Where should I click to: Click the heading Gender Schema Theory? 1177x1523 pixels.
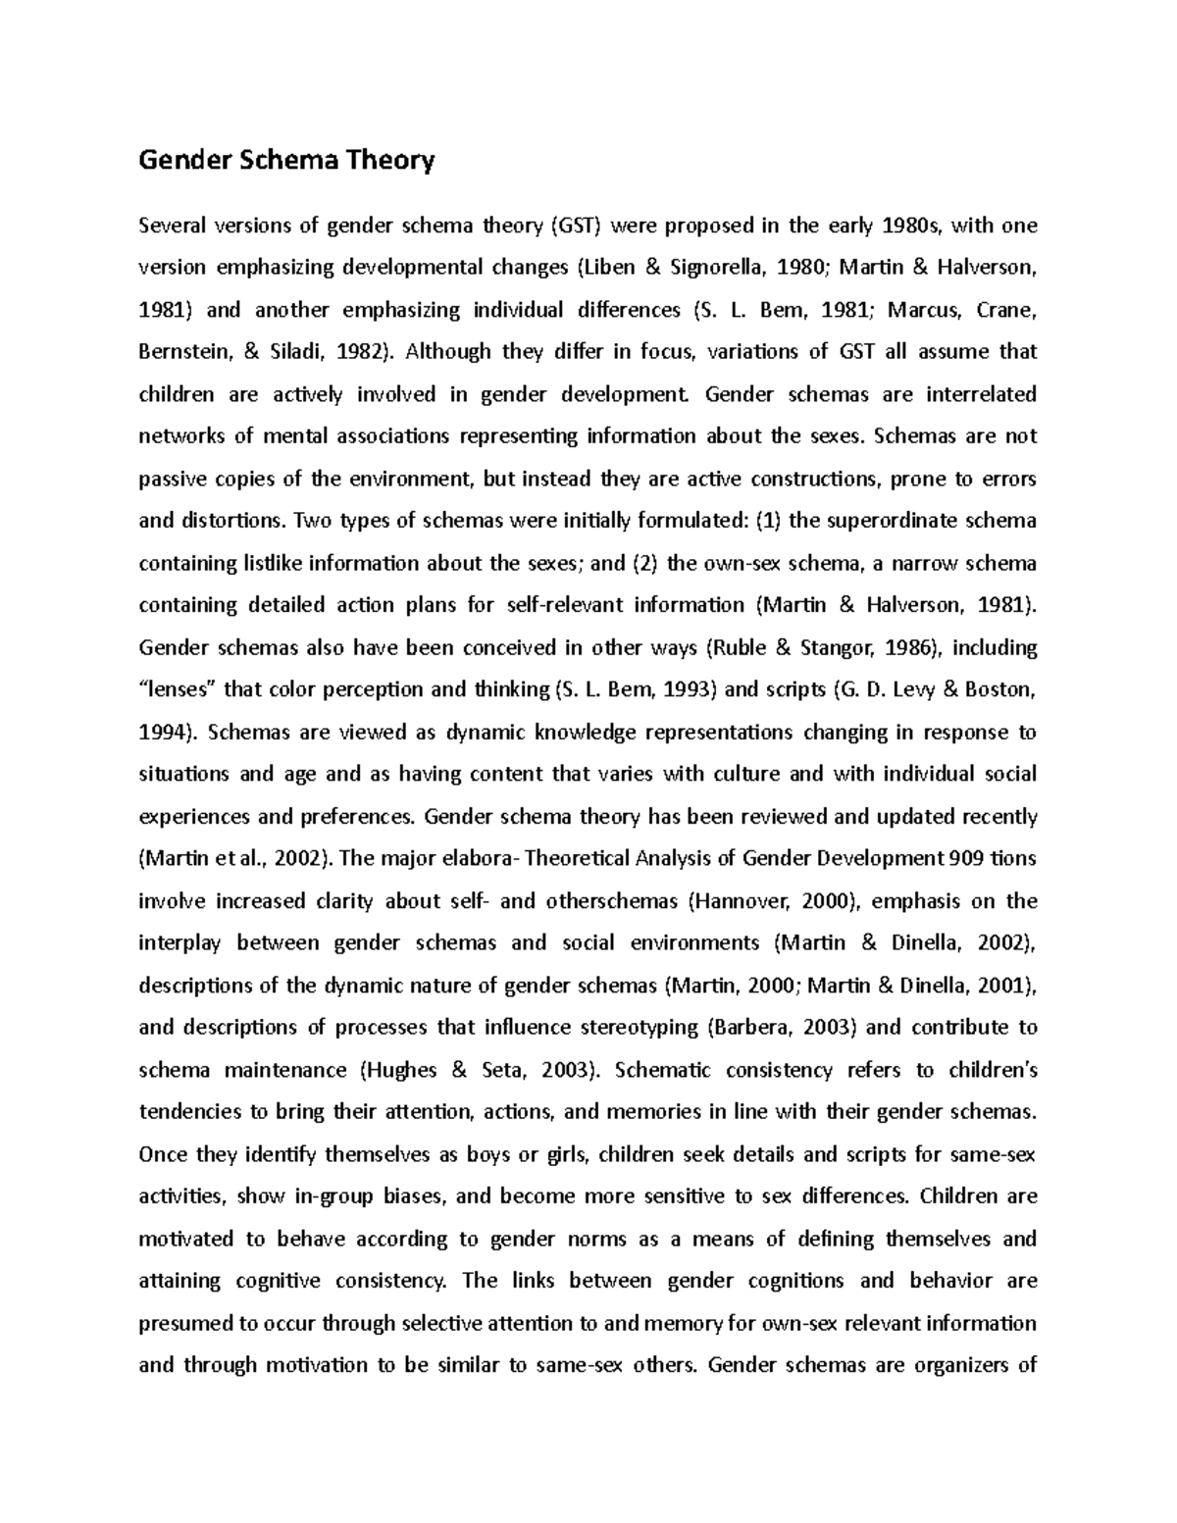285,160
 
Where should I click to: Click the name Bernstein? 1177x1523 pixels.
183,352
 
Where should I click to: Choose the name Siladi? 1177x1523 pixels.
293,352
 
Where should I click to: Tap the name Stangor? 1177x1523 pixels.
854,647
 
